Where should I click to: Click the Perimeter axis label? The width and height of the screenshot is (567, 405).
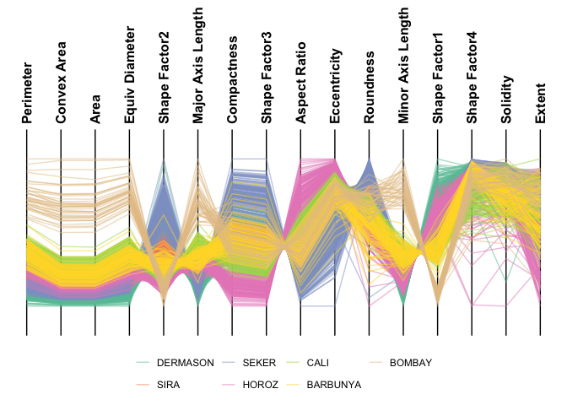pos(27,93)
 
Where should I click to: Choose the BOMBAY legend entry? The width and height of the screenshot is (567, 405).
pos(410,363)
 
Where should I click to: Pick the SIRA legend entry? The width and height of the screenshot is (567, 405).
pos(169,384)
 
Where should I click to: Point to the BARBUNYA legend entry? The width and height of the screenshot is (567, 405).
pos(334,384)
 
